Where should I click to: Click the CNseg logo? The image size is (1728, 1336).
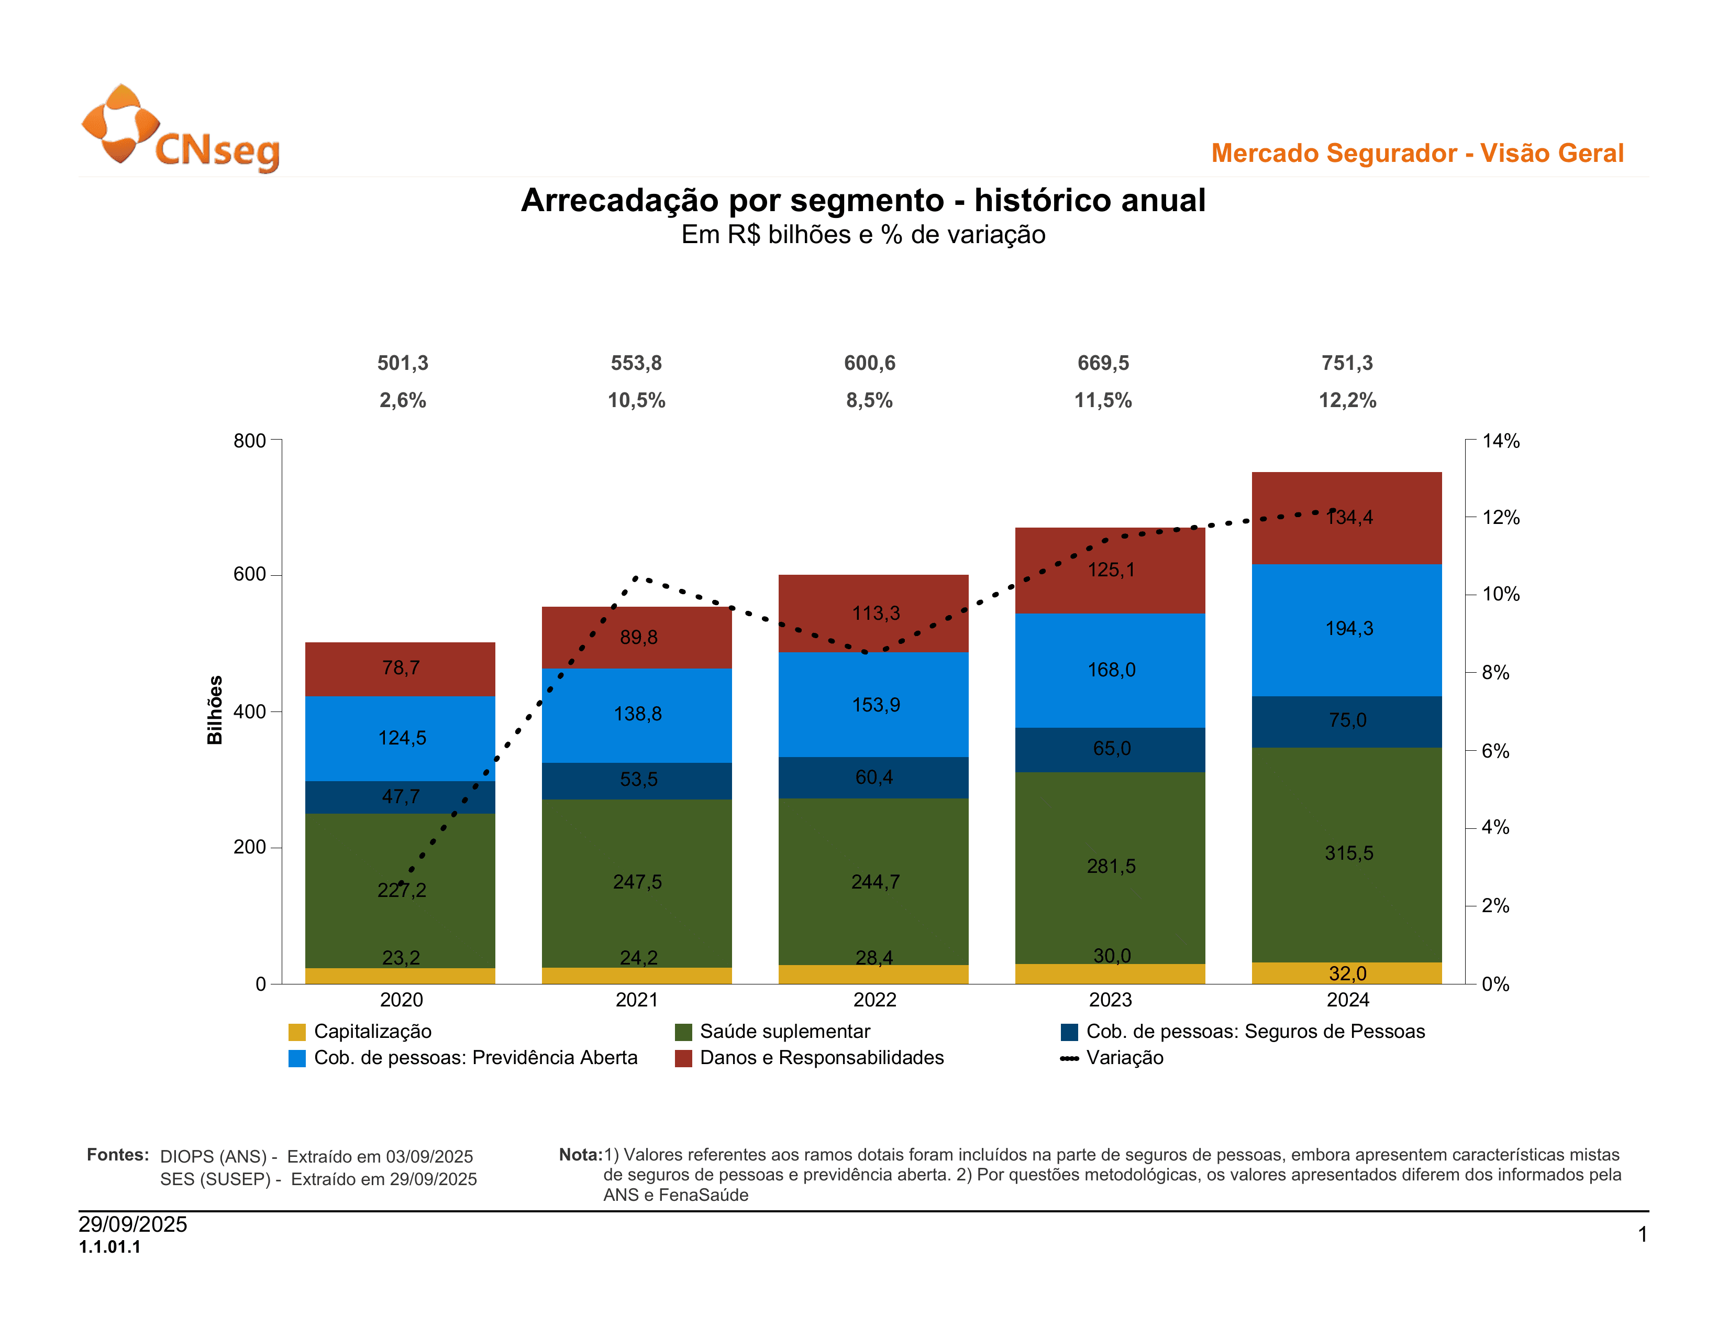tap(181, 128)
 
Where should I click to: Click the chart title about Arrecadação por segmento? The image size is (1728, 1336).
tap(862, 200)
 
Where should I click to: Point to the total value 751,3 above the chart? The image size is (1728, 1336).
tap(1347, 363)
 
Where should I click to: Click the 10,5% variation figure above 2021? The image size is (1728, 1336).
tap(636, 400)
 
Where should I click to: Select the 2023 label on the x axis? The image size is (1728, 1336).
tap(1110, 1000)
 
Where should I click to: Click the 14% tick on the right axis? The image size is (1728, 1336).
tap(1500, 441)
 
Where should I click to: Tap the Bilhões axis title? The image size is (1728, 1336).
tap(214, 710)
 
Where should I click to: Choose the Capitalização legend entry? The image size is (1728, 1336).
tap(372, 1031)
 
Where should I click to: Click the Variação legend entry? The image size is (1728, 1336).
tap(1124, 1058)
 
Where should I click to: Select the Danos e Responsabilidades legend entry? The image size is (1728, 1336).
tap(821, 1058)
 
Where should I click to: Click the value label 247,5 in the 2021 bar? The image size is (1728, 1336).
tap(637, 882)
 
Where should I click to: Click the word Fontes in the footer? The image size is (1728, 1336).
tap(117, 1155)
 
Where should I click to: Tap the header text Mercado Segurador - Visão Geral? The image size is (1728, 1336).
tap(1417, 153)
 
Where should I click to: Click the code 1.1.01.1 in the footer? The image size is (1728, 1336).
tap(110, 1247)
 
